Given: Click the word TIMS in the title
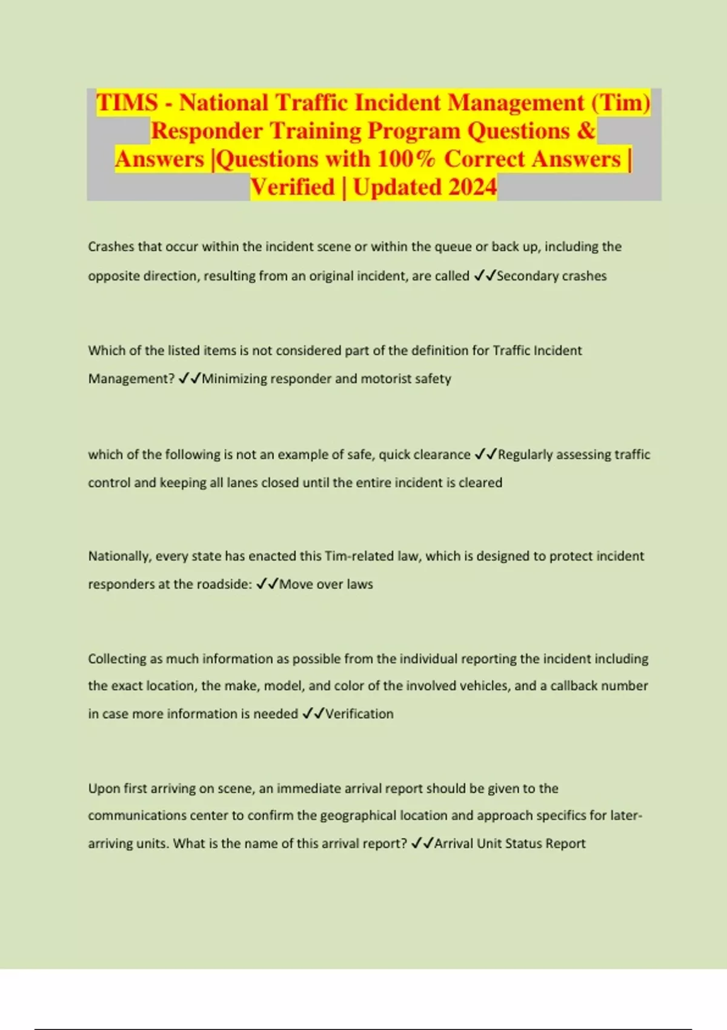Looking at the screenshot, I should click(x=127, y=102).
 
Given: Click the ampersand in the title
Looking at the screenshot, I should click(x=586, y=131).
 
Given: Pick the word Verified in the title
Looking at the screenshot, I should click(x=292, y=187).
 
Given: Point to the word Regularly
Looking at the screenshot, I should click(x=525, y=454).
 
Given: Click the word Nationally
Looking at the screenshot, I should click(x=119, y=556).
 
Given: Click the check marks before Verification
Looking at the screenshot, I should click(x=313, y=714).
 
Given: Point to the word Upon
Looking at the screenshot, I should click(x=104, y=789).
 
